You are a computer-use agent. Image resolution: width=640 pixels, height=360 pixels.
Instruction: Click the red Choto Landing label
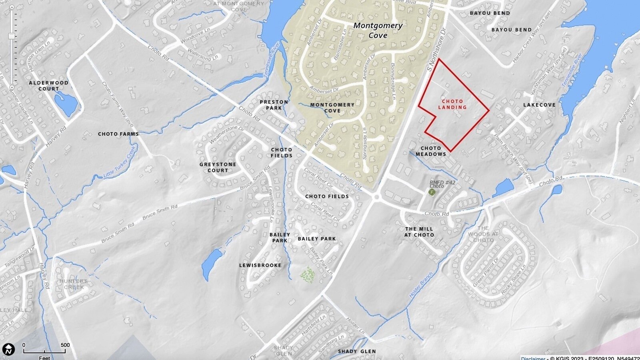click(x=452, y=104)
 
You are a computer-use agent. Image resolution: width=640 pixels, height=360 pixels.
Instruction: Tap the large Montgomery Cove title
click(x=378, y=30)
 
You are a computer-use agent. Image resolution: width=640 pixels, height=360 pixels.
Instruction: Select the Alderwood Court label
click(x=48, y=86)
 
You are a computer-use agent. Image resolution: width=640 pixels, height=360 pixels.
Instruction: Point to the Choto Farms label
click(x=118, y=134)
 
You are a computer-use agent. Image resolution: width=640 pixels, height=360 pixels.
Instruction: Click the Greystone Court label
click(x=218, y=167)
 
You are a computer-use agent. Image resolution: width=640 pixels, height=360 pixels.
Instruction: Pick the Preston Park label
click(x=274, y=105)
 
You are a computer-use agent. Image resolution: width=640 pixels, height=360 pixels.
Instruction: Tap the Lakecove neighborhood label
click(x=540, y=105)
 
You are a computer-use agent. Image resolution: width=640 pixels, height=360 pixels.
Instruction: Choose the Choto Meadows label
click(x=431, y=151)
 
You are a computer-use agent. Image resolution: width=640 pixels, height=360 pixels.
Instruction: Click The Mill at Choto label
click(x=419, y=232)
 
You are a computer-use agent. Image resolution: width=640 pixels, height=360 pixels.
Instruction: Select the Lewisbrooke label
click(x=260, y=265)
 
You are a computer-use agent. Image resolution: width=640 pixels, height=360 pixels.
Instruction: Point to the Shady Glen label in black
click(x=357, y=352)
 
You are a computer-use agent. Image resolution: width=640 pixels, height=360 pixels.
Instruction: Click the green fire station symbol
click(x=432, y=192)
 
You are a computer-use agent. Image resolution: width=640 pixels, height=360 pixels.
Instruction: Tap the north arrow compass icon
click(x=8, y=349)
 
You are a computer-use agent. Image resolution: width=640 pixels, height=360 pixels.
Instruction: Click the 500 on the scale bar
click(x=65, y=345)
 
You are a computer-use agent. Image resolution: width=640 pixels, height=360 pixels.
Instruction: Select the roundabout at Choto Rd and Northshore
click(x=376, y=197)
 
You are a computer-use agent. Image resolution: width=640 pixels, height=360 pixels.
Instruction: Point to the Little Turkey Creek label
click(x=120, y=162)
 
